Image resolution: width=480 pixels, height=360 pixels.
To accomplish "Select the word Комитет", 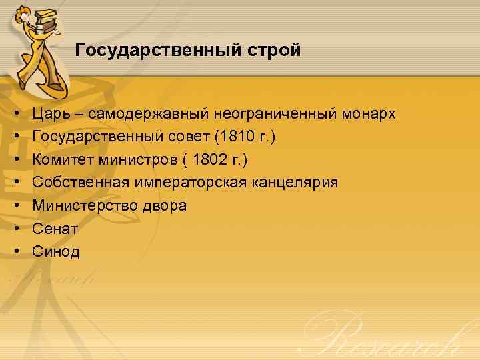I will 62,160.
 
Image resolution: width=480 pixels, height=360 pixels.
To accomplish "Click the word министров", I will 137,160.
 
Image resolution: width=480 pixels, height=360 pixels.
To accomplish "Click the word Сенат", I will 55,229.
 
